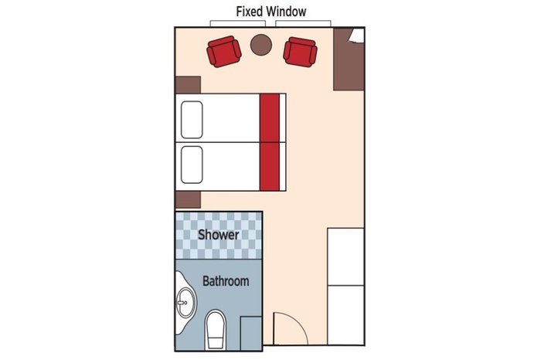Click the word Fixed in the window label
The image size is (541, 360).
point(251,12)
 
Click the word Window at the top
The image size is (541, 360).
point(287,12)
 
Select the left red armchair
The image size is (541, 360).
point(223,52)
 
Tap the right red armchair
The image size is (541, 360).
point(300,52)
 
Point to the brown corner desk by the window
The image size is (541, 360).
point(349,59)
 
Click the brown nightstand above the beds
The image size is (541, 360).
point(188,85)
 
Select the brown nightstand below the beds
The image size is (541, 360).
point(188,200)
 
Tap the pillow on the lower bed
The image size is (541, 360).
point(192,165)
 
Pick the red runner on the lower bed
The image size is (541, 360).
point(269,166)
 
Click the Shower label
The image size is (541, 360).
point(219,234)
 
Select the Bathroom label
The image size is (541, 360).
point(226,281)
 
